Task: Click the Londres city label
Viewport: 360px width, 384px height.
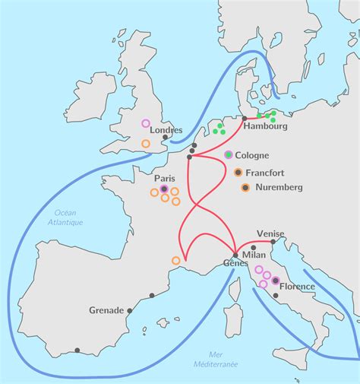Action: [x=166, y=130]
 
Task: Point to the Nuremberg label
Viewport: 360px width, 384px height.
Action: [x=279, y=187]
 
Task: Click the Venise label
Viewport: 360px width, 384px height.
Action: [x=271, y=235]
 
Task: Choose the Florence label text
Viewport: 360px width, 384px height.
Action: [x=298, y=287]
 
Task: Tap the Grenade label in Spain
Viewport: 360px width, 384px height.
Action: [x=106, y=310]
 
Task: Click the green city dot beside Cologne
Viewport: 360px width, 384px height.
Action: [x=229, y=154]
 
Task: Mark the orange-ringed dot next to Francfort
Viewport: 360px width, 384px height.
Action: [x=238, y=172]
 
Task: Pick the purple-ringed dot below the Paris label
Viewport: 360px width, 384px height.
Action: [x=163, y=188]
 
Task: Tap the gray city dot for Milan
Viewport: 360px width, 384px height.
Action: [x=253, y=247]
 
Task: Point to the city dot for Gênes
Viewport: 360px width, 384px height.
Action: [x=236, y=255]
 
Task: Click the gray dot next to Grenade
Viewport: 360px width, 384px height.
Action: [x=130, y=310]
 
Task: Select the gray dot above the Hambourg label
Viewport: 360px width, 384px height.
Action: [x=244, y=119]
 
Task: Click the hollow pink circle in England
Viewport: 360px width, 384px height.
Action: [x=146, y=123]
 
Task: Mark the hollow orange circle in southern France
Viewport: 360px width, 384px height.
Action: [x=175, y=261]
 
